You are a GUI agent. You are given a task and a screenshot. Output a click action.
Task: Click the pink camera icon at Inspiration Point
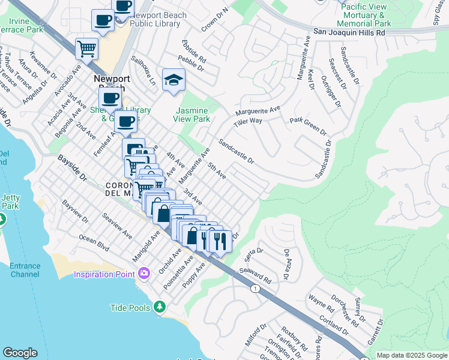(x=143, y=274)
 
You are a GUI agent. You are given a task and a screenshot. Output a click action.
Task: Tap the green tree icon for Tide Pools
(x=159, y=307)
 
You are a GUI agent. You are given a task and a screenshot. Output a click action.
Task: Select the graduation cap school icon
(x=173, y=80)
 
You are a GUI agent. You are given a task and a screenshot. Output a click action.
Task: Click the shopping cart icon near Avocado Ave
(x=87, y=48)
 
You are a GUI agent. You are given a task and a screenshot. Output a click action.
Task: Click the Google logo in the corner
(x=20, y=353)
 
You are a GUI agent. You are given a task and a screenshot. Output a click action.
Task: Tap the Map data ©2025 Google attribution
(x=412, y=355)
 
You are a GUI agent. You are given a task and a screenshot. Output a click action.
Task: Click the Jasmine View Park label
(x=192, y=115)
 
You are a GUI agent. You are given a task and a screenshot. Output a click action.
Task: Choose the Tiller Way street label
(x=248, y=121)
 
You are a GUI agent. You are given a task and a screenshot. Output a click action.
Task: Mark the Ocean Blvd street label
(x=94, y=242)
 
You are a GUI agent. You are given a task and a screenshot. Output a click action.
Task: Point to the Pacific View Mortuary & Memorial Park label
(x=366, y=15)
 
